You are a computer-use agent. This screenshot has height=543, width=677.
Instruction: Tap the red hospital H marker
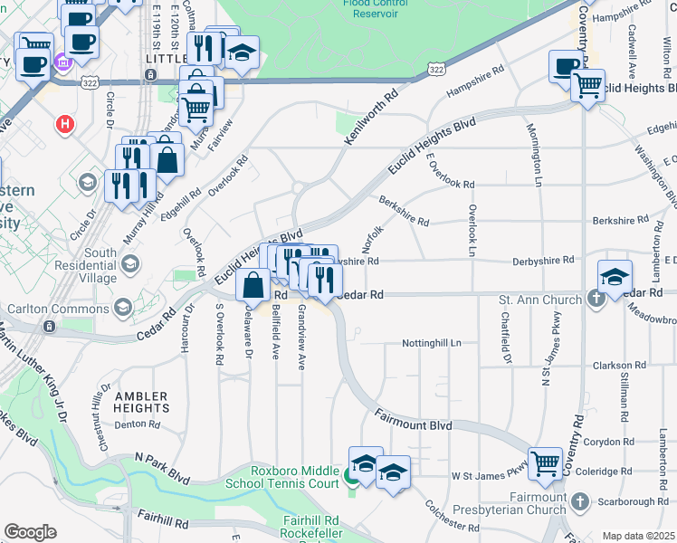(64, 124)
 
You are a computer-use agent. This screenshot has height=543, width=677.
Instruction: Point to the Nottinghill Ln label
(433, 344)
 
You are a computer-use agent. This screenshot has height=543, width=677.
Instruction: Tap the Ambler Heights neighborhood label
(141, 403)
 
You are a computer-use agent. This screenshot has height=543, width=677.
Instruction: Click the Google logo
(30, 532)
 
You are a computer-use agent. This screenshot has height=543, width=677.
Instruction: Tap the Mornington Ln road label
(532, 155)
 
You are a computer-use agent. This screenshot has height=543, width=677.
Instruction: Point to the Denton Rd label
(137, 424)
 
